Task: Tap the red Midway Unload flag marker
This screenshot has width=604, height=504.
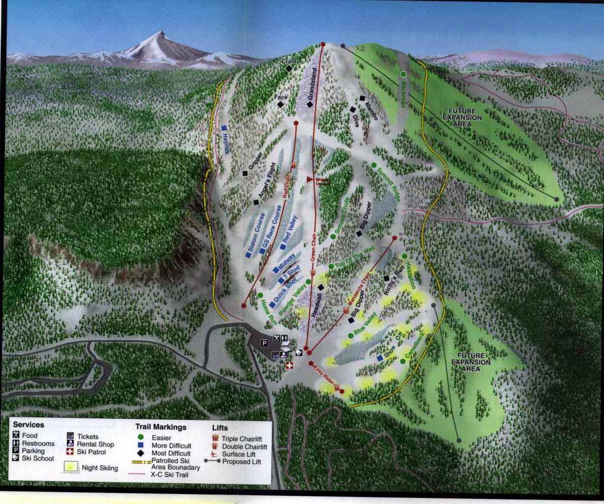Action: click(x=310, y=179)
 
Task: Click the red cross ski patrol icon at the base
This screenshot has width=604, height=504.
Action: click(x=289, y=365)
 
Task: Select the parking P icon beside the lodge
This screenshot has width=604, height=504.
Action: click(x=263, y=343)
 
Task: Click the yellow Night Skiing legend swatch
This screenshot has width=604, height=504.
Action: click(x=74, y=466)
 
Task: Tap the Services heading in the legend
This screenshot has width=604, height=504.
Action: click(x=29, y=425)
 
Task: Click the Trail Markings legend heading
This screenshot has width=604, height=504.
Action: click(x=161, y=426)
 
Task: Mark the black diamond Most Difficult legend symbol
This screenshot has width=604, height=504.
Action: click(x=141, y=453)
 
